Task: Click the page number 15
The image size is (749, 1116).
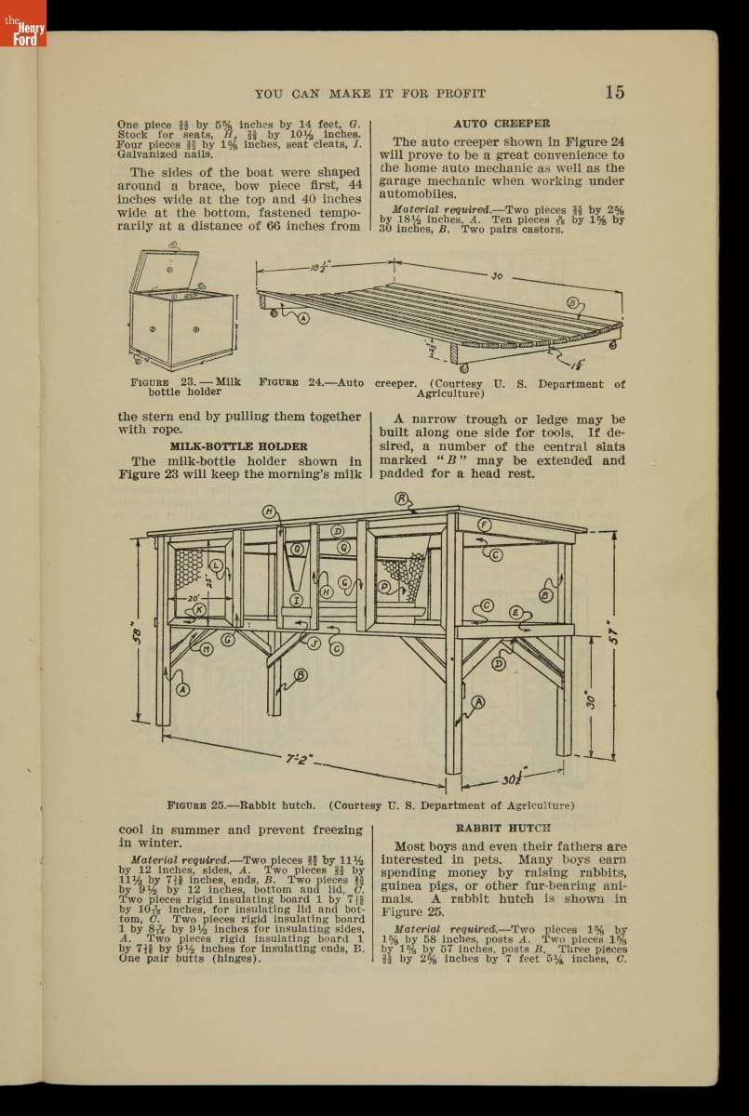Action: pyautogui.click(x=614, y=91)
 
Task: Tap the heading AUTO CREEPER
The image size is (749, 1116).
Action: pyautogui.click(x=501, y=123)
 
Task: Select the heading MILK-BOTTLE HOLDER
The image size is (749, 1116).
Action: pyautogui.click(x=238, y=446)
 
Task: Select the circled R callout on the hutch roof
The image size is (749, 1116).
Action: pyautogui.click(x=403, y=498)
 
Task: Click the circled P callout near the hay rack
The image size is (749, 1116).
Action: pyautogui.click(x=384, y=587)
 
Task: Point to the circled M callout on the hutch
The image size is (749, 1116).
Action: pyautogui.click(x=207, y=649)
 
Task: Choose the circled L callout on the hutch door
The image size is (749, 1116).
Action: pyautogui.click(x=217, y=565)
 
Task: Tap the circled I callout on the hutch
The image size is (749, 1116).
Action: pyautogui.click(x=296, y=600)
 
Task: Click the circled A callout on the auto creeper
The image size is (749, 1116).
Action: pyautogui.click(x=302, y=318)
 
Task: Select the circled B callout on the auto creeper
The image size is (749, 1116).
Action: pyautogui.click(x=573, y=303)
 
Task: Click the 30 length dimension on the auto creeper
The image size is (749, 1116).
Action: pyautogui.click(x=496, y=276)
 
